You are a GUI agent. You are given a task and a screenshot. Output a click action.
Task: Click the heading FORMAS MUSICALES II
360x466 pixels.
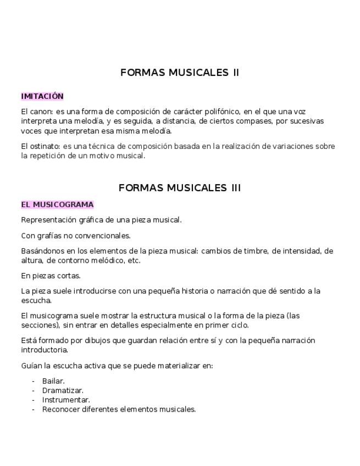coord(180,73)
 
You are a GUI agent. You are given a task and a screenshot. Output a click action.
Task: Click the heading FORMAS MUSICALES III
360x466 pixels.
coord(180,188)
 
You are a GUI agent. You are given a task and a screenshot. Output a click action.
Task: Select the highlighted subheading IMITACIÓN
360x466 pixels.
coord(42,96)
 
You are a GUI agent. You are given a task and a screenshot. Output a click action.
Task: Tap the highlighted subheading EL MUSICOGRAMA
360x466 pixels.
coord(57,204)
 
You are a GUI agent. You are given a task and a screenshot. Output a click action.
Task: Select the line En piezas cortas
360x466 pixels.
coord(51,276)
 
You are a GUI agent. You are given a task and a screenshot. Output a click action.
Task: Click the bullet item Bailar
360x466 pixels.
coord(53,381)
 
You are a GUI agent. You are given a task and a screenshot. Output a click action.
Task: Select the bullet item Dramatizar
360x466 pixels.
coord(63,391)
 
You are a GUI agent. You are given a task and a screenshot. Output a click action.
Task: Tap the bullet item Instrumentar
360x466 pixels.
coord(66,400)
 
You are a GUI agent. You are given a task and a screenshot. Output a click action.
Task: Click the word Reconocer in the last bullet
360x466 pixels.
coord(60,409)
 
